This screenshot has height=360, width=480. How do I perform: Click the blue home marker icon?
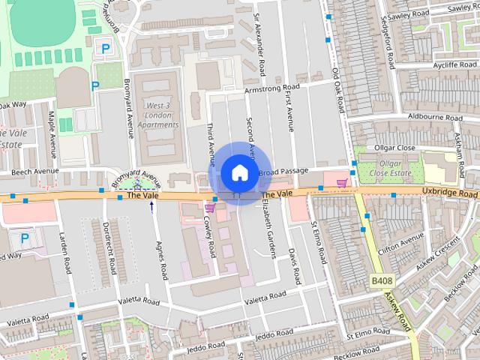pyautogui.click(x=238, y=172)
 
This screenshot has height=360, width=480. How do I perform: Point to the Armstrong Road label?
pyautogui.click(x=273, y=88)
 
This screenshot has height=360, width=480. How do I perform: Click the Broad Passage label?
pyautogui.click(x=283, y=172)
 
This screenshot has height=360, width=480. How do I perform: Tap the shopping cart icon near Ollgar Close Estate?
pyautogui.click(x=343, y=182)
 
